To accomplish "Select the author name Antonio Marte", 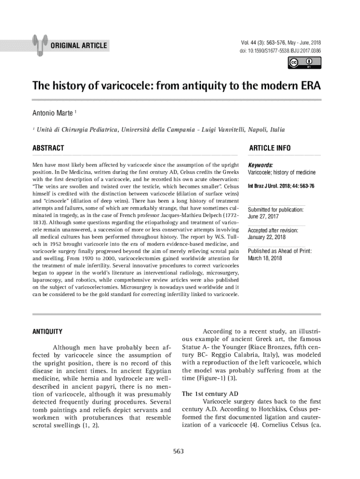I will pos(52,114).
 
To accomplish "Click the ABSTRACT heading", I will pos(48,148).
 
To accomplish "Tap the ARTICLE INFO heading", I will pos(270,148).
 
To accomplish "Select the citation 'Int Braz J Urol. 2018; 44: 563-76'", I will pos(281,186).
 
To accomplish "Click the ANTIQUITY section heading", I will pos(47,332).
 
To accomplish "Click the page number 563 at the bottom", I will pos(180,451).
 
